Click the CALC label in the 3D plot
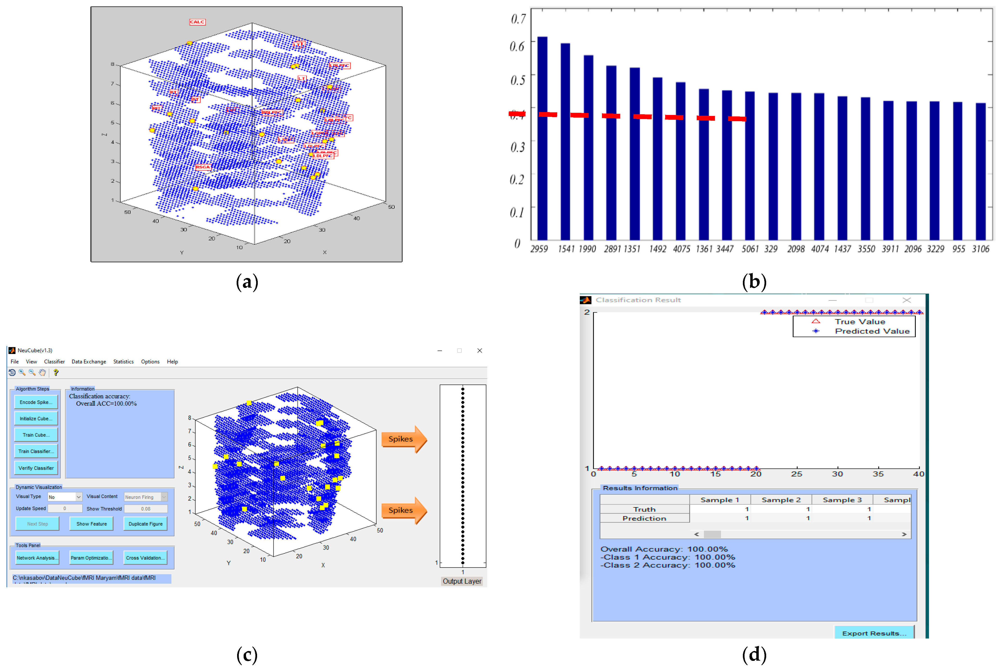[197, 22]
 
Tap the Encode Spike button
[36, 402]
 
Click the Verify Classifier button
[36, 468]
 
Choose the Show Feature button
[91, 524]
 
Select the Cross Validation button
[145, 558]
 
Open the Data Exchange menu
[89, 361]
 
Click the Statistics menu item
[123, 361]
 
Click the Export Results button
[874, 633]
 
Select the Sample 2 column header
[781, 499]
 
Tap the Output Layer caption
[462, 581]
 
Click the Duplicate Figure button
[145, 524]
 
